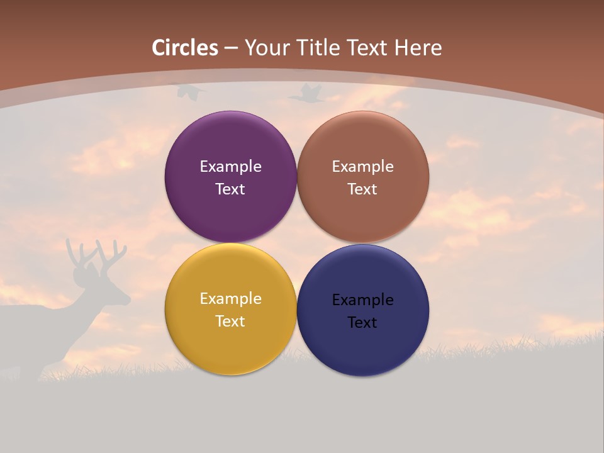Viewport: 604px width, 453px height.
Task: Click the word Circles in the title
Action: coord(185,48)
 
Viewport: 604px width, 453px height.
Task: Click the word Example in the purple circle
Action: coord(230,167)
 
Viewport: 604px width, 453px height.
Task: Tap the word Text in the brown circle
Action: coord(362,189)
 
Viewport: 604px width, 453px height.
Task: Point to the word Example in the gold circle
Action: coord(230,299)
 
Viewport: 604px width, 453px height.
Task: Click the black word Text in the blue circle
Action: coord(362,322)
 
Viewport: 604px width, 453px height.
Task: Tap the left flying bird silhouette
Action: coord(190,92)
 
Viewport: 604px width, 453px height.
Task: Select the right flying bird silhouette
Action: coord(306,94)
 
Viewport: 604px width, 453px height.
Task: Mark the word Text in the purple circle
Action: coord(230,189)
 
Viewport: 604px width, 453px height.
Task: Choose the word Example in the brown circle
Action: coord(362,167)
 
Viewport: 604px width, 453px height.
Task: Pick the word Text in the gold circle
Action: coord(230,321)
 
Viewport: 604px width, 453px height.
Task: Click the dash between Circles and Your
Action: coord(231,48)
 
